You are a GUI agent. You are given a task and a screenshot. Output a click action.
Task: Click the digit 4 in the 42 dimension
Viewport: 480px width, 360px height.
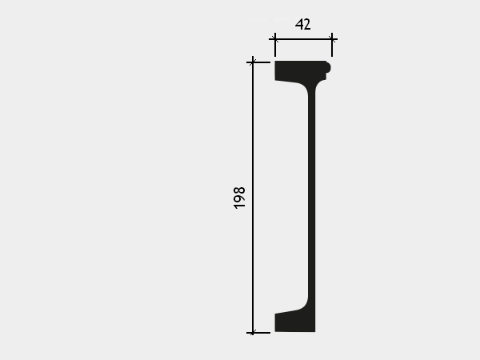coord(298,24)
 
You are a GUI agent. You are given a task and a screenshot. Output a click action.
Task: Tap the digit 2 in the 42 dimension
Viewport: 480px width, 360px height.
coord(306,25)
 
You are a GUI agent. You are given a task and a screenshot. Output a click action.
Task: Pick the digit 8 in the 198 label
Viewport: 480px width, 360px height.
coord(239,190)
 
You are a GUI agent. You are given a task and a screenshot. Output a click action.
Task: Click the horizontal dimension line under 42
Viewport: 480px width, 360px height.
coord(303,39)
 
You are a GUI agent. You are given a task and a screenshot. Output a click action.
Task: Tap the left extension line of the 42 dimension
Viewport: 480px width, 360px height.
coord(275,45)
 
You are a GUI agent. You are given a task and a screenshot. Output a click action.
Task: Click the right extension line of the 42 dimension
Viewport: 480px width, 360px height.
coord(332,45)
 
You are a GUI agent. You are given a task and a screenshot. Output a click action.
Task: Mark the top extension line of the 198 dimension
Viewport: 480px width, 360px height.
coord(258,62)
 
